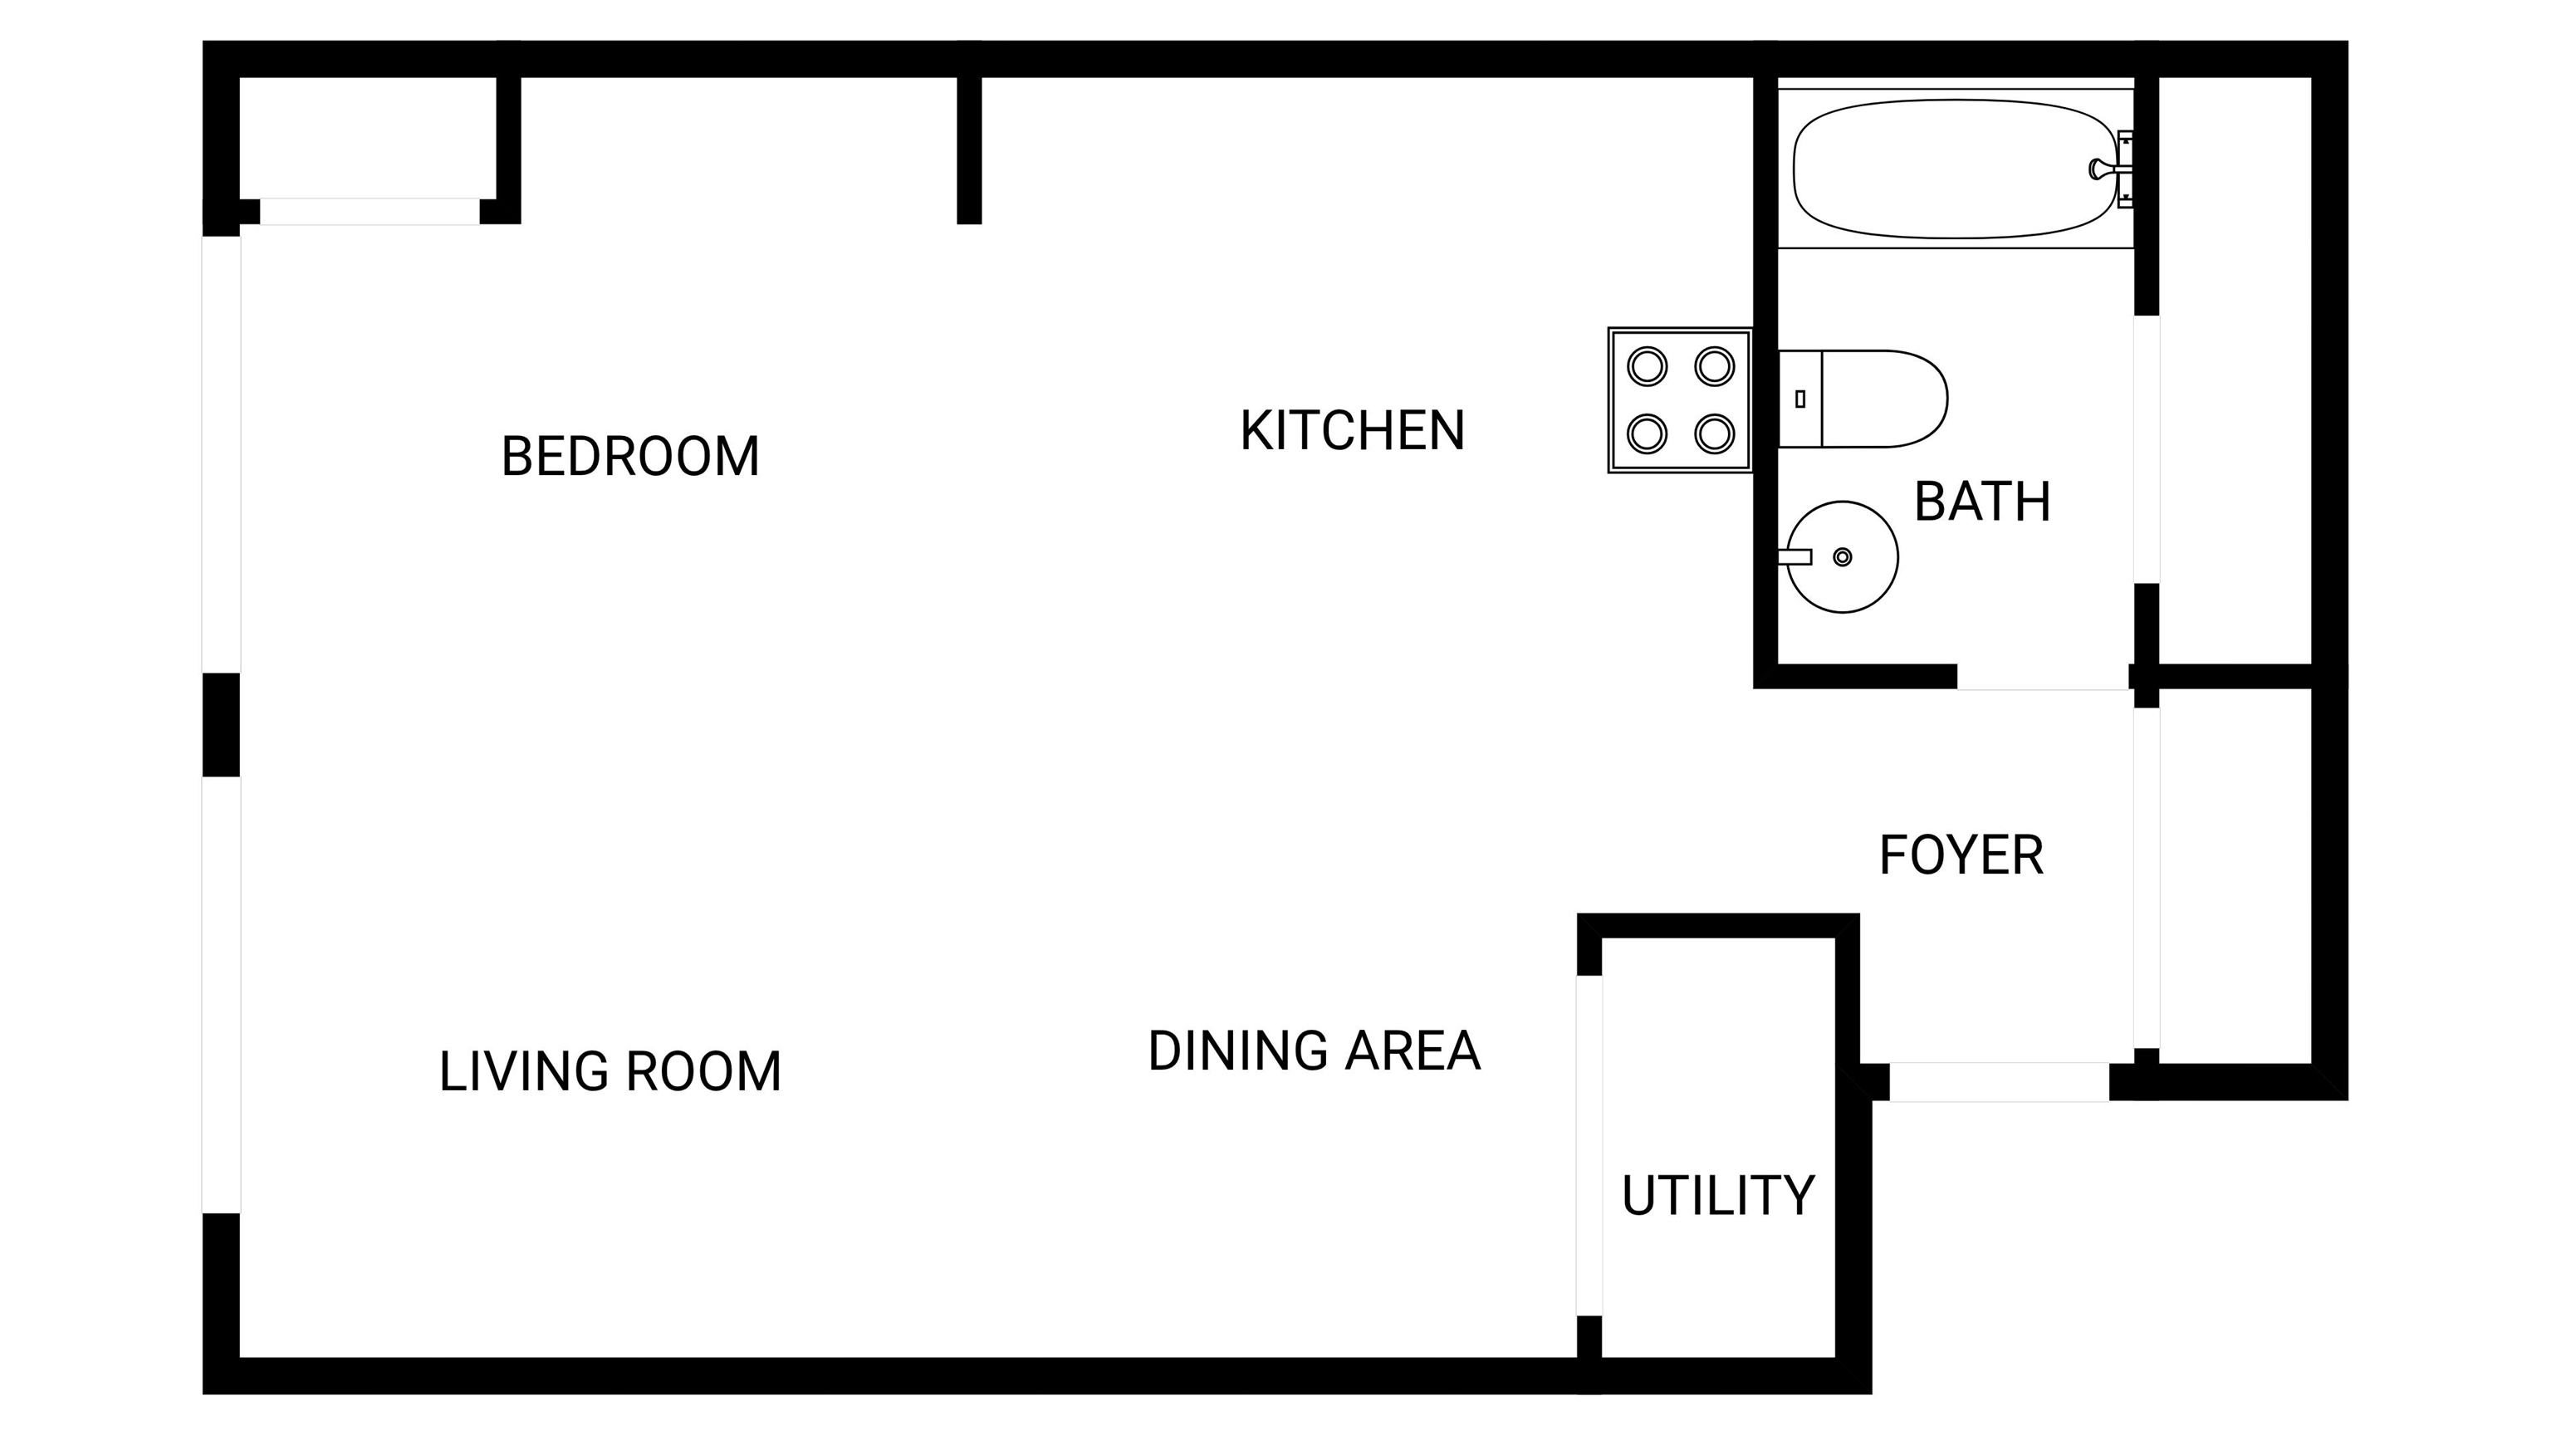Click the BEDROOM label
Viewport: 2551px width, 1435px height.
tap(629, 457)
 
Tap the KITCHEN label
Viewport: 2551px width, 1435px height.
tap(1352, 431)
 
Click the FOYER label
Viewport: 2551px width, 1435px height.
tap(1961, 855)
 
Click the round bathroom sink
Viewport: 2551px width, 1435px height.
tap(1841, 556)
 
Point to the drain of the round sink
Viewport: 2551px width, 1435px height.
tap(1842, 556)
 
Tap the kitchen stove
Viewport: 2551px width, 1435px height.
tap(1681, 400)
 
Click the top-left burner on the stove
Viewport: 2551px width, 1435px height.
tap(1647, 366)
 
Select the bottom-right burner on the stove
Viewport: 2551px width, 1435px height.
tap(1714, 433)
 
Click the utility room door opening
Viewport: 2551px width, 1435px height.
tap(1589, 1146)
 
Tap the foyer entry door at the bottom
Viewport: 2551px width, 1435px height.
tap(2000, 1081)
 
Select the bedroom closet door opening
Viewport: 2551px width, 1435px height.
tap(370, 212)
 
